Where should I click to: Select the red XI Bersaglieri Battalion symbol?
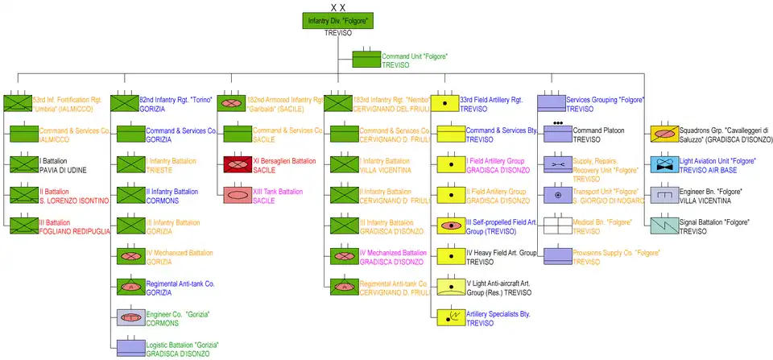click(238, 165)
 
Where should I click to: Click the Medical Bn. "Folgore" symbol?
click(557, 226)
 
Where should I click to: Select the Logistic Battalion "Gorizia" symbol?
click(130, 348)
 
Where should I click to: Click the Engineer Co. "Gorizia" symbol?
click(130, 317)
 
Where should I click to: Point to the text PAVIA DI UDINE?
click(64, 171)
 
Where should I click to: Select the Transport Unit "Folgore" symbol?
click(557, 196)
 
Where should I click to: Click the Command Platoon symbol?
click(557, 134)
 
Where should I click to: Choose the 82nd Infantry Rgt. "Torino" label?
click(176, 100)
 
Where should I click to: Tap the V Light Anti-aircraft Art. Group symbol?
click(449, 287)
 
